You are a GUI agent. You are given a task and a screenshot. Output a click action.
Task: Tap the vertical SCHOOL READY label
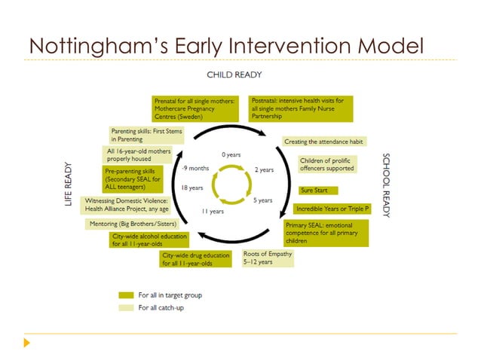point(387,185)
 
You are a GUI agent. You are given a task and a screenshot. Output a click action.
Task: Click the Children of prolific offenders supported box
point(326,164)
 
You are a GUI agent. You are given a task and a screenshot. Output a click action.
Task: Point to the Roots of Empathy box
point(268,258)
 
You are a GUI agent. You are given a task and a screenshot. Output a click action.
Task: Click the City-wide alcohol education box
point(149,239)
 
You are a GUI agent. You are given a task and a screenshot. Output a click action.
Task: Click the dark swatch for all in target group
point(126,295)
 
